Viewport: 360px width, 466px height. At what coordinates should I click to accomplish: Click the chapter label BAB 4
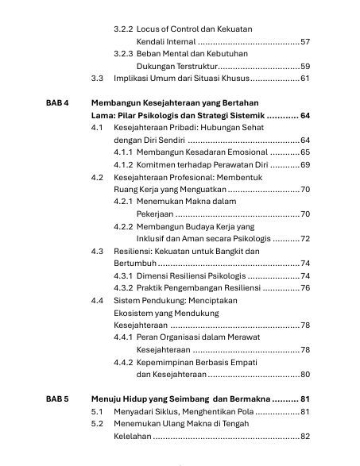tap(56, 103)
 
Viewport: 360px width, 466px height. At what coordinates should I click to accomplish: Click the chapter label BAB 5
tap(56, 399)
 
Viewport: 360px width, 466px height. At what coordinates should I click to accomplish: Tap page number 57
tap(305, 41)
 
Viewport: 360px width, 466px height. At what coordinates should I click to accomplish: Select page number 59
tap(305, 66)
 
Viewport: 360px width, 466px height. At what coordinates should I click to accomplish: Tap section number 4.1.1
tap(123, 152)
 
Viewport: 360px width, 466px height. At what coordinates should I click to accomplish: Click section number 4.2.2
tap(123, 226)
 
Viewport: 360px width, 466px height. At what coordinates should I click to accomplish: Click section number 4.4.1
tap(123, 337)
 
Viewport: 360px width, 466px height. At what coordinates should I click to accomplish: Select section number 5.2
tap(96, 424)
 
